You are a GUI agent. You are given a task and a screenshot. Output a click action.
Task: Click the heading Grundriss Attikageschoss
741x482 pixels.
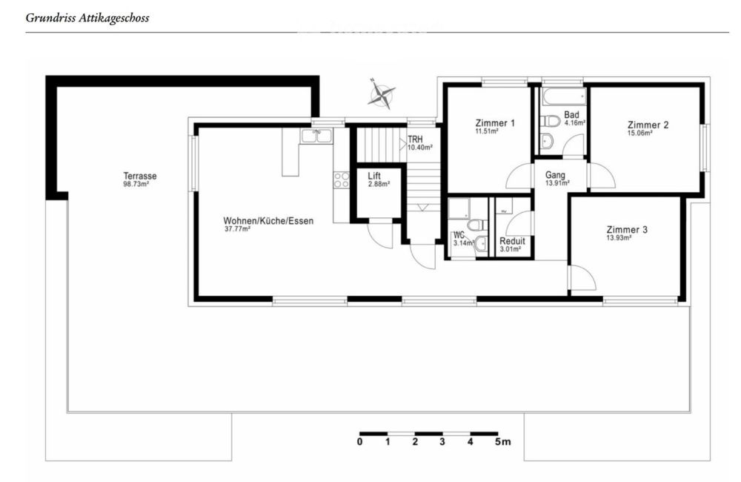[87, 17]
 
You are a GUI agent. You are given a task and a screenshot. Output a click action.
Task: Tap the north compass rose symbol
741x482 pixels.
[382, 93]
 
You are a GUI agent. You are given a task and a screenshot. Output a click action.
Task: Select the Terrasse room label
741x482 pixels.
[140, 176]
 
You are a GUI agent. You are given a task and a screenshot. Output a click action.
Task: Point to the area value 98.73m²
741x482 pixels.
[136, 183]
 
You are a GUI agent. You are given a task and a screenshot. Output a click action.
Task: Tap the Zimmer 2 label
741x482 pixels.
[648, 125]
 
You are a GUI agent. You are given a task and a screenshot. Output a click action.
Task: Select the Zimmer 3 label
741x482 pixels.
[627, 230]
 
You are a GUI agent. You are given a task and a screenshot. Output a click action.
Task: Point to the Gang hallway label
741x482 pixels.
[555, 175]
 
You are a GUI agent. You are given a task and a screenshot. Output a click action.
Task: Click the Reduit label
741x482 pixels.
[512, 241]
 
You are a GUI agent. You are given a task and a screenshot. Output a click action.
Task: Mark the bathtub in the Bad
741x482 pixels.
[563, 97]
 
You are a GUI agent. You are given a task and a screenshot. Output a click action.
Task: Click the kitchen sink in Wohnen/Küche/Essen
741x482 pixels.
[316, 136]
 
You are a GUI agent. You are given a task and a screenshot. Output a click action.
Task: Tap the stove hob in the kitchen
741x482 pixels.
[342, 179]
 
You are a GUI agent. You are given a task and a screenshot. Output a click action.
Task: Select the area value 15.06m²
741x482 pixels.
[640, 134]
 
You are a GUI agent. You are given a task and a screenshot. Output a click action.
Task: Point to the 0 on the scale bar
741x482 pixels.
[359, 442]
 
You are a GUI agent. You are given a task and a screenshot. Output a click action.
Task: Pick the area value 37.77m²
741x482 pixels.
[237, 229]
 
